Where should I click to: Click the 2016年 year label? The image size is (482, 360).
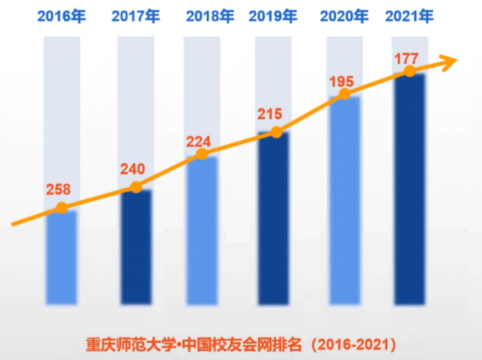[61, 16]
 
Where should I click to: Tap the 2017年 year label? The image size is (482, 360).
[135, 16]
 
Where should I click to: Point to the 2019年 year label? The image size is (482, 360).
[273, 16]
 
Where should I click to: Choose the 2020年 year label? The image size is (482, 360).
[345, 16]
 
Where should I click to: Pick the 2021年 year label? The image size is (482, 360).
[409, 16]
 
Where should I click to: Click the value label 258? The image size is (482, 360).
[59, 189]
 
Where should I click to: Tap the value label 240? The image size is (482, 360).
[133, 169]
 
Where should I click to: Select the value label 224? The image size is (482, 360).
[199, 142]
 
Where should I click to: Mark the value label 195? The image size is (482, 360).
[341, 82]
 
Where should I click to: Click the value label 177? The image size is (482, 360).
[406, 58]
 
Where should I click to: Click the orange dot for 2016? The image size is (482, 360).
[61, 208]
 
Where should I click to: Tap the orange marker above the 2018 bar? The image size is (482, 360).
[202, 154]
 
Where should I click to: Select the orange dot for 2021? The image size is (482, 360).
[410, 71]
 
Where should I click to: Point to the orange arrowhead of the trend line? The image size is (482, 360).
[449, 61]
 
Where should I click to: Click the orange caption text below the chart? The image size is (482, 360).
[241, 344]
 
